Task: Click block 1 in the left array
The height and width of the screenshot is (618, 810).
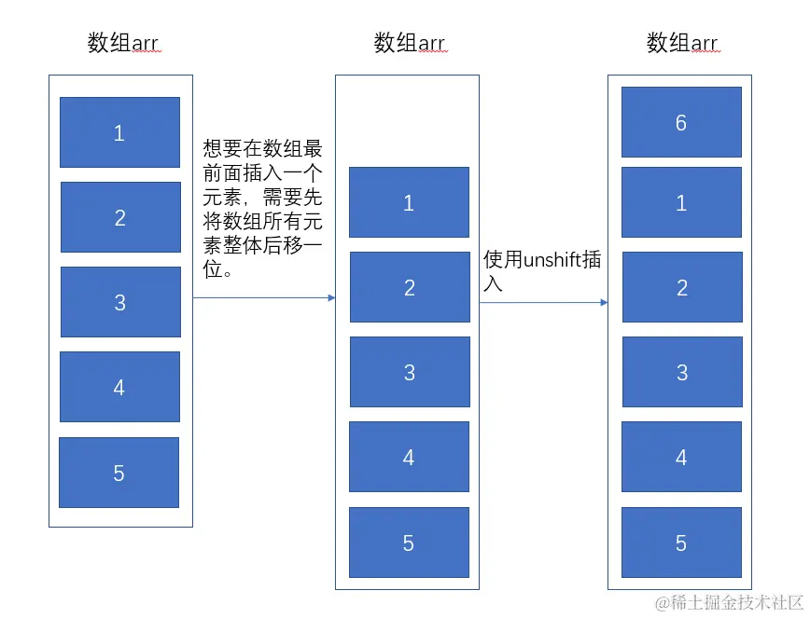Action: point(119,132)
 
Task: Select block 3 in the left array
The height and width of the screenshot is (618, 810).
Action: point(120,302)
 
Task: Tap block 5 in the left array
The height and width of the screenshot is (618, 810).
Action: point(119,473)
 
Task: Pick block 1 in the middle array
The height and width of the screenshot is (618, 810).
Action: point(409,202)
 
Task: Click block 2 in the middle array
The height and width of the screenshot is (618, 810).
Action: point(410,287)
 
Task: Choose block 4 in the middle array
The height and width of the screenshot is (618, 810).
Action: point(409,457)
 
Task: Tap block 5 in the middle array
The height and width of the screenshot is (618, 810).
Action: point(409,542)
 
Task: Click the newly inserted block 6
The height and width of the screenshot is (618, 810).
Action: point(681,122)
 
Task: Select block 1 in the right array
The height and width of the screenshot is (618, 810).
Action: point(681,202)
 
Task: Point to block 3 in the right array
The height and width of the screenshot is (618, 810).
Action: point(682,372)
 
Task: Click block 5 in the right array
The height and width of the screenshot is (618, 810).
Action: point(681,542)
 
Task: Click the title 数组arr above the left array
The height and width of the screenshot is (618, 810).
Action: point(123,43)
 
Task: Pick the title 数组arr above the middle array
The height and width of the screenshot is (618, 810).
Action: point(409,43)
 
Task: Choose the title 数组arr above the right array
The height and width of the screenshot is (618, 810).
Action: point(682,43)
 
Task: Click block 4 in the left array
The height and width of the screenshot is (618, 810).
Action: point(119,387)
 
